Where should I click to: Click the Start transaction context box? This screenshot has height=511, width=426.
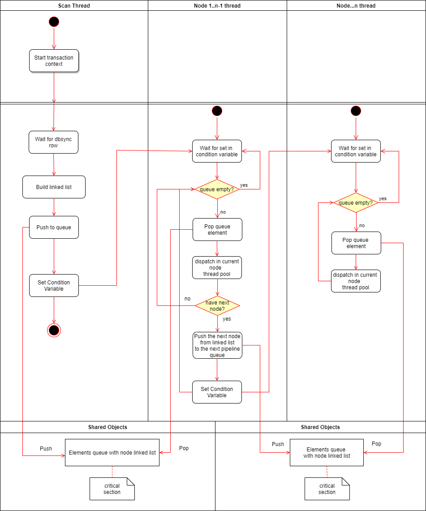[54, 61]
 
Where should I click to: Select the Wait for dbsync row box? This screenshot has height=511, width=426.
[54, 142]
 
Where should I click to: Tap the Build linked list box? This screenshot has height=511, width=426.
[54, 187]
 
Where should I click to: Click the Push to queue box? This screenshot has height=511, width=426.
[54, 228]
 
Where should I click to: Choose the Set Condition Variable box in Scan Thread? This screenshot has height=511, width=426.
[54, 286]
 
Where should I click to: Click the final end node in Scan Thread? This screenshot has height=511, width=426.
[54, 331]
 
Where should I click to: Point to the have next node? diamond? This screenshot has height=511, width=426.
[217, 306]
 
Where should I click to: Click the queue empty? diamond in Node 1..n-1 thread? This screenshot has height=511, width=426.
[217, 189]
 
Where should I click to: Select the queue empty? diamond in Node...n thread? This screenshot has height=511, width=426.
[356, 203]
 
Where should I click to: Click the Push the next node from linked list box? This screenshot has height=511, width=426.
[217, 345]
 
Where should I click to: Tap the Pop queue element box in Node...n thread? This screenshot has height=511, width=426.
[356, 243]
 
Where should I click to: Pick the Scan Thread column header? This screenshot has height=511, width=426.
[74, 5]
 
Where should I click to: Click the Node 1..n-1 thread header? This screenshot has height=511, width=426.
[217, 5]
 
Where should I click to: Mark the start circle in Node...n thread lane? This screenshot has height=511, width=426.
[356, 111]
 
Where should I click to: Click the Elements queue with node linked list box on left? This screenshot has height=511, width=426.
[112, 452]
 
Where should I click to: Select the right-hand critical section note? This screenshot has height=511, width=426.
[327, 489]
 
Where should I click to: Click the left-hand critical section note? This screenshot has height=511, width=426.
[112, 489]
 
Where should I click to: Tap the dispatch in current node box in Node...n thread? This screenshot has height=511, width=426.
[356, 281]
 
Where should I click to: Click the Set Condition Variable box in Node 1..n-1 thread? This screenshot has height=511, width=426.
[217, 392]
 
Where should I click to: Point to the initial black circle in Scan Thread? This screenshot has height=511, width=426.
[54, 22]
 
